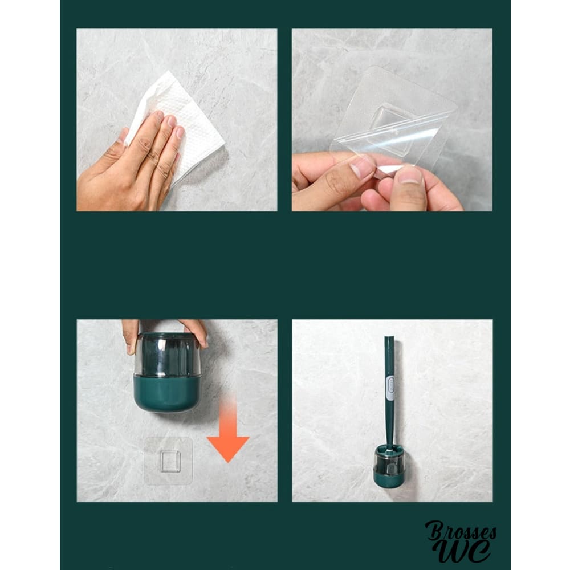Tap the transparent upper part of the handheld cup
[x=167, y=355]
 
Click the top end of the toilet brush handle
[x=389, y=338]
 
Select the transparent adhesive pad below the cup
[x=168, y=461]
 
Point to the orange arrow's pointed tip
[x=229, y=462]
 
